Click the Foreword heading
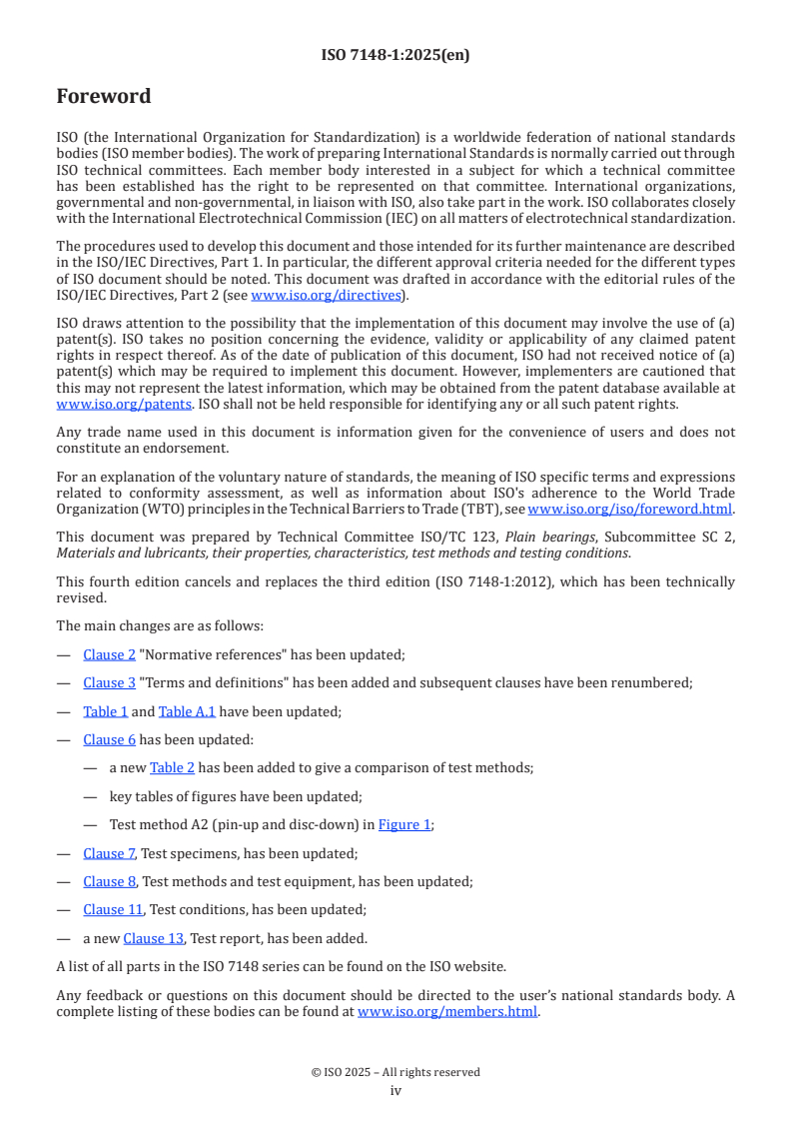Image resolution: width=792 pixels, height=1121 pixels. pyautogui.click(x=104, y=97)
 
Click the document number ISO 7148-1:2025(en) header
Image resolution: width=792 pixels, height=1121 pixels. pyautogui.click(x=396, y=55)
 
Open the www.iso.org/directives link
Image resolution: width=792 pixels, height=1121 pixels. pyautogui.click(x=327, y=296)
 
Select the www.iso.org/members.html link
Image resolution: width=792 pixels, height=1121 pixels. pyautogui.click(x=447, y=1011)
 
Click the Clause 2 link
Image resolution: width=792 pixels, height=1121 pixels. pyautogui.click(x=110, y=655)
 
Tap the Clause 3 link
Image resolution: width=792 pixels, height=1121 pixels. pyautogui.click(x=110, y=683)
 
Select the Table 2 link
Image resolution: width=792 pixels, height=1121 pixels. pyautogui.click(x=172, y=768)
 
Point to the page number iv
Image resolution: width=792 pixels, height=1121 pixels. pyautogui.click(x=396, y=1091)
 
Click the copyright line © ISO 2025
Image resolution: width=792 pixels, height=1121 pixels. pyautogui.click(x=396, y=1072)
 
